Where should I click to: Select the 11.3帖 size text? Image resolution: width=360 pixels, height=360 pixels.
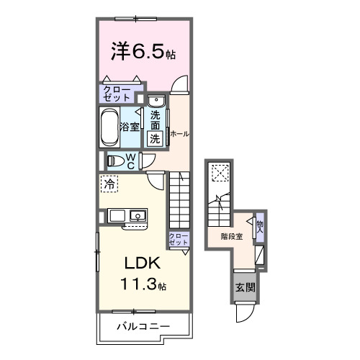click(x=143, y=284)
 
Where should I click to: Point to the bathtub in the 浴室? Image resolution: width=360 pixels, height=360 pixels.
click(x=109, y=127)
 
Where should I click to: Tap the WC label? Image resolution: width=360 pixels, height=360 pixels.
click(x=133, y=159)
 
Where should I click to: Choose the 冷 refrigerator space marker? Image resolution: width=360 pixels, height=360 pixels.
click(x=109, y=184)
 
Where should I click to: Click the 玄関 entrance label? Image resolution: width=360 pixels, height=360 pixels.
click(x=243, y=287)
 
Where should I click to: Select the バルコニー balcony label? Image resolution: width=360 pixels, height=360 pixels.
click(x=143, y=328)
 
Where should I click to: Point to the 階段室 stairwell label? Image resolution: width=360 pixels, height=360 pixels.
click(x=231, y=235)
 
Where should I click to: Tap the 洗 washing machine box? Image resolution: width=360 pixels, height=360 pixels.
click(x=156, y=139)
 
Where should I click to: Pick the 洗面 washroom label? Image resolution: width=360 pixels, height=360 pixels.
click(x=156, y=120)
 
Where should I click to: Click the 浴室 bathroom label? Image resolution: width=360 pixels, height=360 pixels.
click(x=130, y=127)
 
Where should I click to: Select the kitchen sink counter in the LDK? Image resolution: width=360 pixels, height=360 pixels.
click(x=127, y=215)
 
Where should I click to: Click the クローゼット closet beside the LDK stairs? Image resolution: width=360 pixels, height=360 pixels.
click(x=177, y=240)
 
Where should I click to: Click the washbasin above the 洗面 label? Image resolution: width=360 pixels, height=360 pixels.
click(x=157, y=102)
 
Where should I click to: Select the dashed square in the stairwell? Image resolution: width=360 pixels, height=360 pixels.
click(x=219, y=173)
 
